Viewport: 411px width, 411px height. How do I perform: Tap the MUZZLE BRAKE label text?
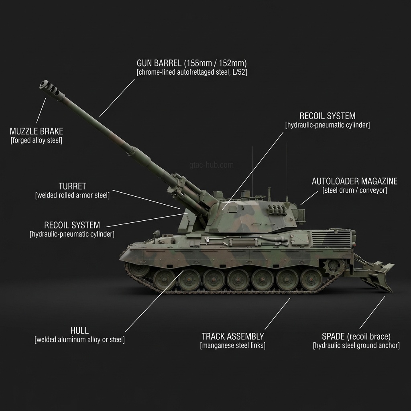(x=36, y=131)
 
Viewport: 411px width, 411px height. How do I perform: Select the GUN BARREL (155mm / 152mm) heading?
(x=191, y=63)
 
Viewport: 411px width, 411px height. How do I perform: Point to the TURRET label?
(x=72, y=186)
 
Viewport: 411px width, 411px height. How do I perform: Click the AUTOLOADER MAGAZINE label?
(x=354, y=181)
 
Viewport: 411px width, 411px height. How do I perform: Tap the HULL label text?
(x=79, y=331)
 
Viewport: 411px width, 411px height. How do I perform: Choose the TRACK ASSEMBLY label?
(x=232, y=336)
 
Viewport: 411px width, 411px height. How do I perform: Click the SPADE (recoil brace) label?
(x=356, y=336)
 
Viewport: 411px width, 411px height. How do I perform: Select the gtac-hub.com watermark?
(x=211, y=165)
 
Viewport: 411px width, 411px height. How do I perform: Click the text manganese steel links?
(x=232, y=345)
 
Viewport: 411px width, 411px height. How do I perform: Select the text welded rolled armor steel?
(x=72, y=195)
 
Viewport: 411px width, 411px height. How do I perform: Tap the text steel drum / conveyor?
(x=354, y=191)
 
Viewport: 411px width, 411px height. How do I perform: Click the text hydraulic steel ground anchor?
(x=356, y=345)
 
